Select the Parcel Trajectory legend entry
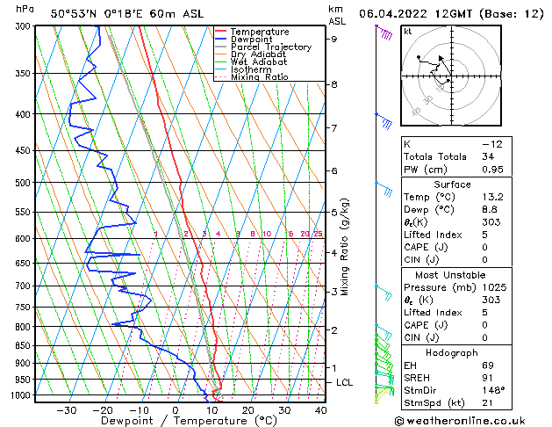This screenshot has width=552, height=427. [x=270, y=47]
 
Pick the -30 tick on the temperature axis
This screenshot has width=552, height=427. [x=66, y=409]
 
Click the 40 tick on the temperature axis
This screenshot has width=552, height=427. [x=320, y=409]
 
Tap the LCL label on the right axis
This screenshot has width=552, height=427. [x=345, y=383]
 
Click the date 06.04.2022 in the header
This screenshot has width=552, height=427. [x=391, y=13]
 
